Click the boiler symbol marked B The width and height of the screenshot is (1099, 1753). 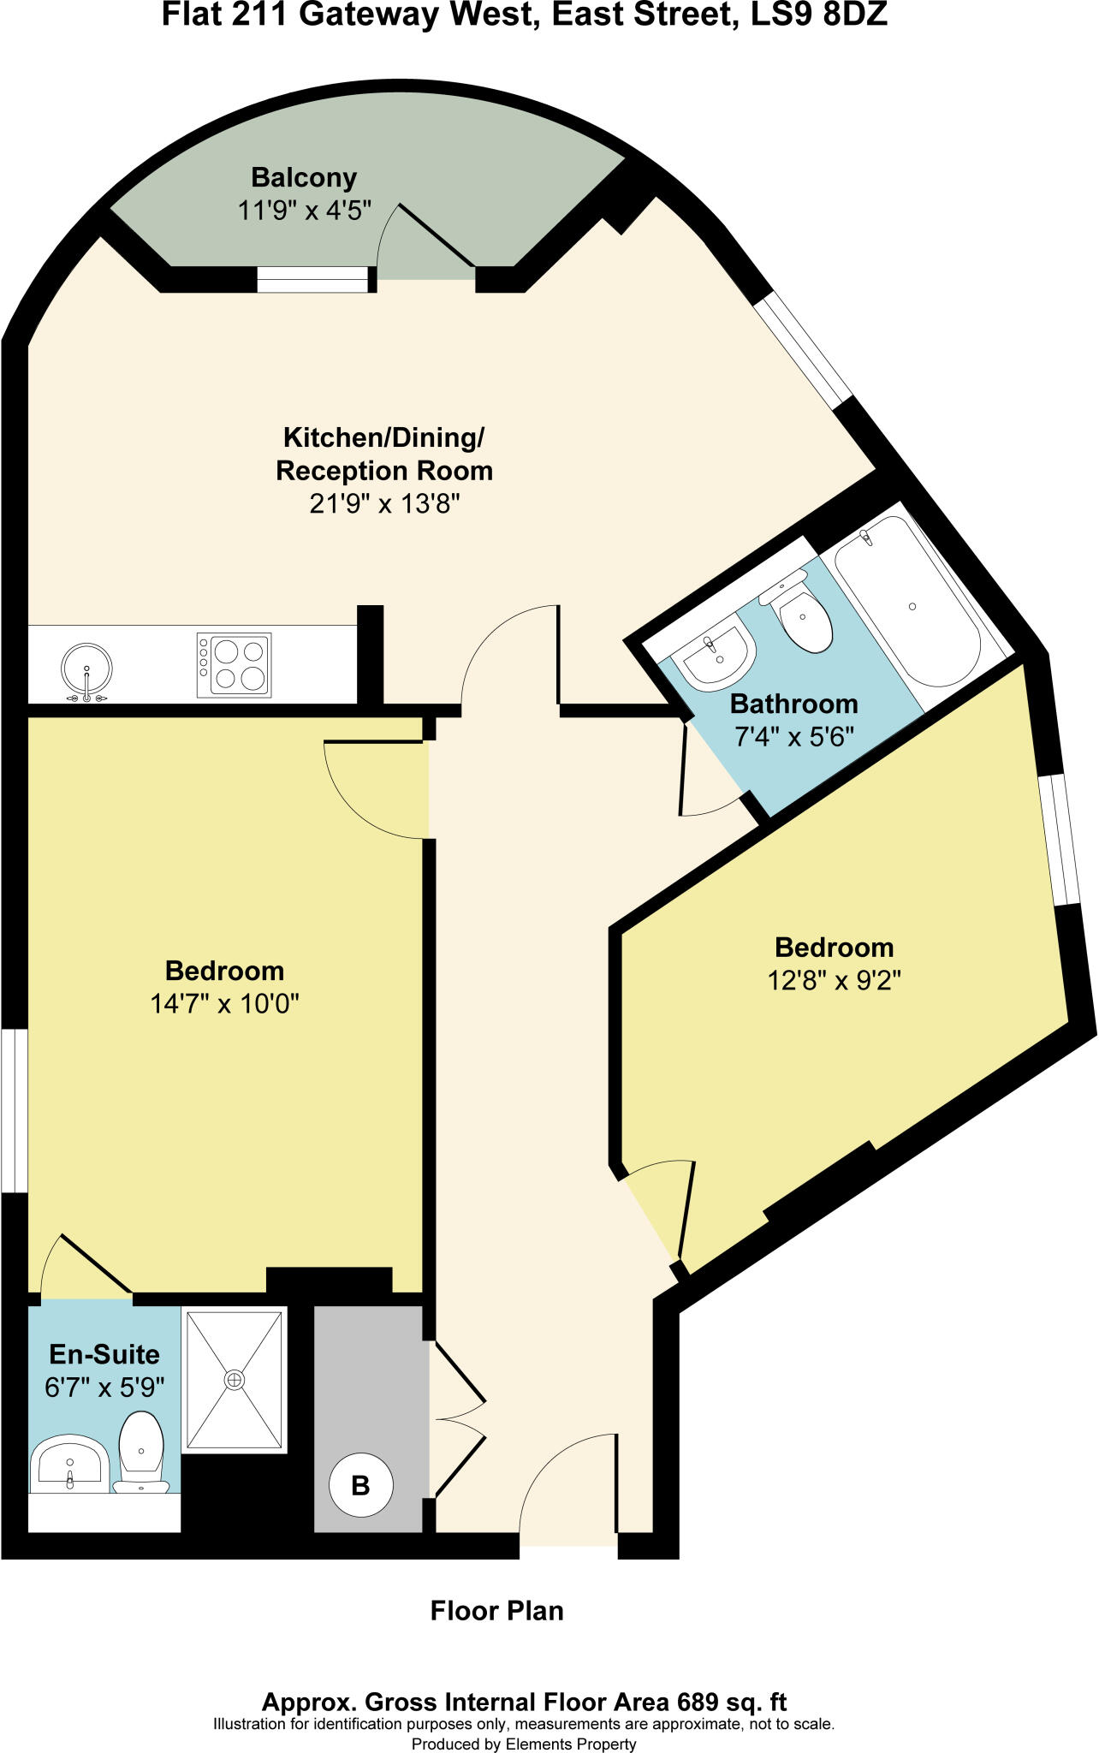click(361, 1485)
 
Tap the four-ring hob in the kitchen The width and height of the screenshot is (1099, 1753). click(234, 665)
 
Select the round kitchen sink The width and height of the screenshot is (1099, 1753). click(86, 668)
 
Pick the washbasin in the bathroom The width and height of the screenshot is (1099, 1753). click(713, 657)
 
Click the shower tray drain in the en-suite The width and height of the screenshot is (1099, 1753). click(234, 1380)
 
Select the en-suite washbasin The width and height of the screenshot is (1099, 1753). click(69, 1465)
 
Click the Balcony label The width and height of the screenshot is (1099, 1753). click(304, 178)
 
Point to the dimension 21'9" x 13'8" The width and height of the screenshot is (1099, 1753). click(385, 504)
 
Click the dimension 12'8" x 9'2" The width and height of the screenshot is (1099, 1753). click(835, 980)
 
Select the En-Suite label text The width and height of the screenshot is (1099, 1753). click(104, 1354)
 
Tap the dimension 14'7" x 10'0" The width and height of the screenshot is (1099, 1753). click(224, 1003)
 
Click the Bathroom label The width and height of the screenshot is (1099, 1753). click(793, 704)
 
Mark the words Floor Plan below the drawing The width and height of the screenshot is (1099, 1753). click(496, 1611)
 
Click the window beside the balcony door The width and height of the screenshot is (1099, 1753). click(312, 280)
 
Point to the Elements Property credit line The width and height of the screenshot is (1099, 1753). click(524, 1744)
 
